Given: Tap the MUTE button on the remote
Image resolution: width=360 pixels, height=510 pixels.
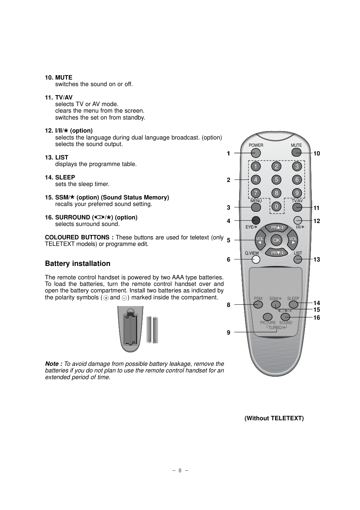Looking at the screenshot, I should pyautogui.click(x=296, y=152).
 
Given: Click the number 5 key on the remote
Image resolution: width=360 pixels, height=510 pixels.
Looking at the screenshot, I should pyautogui.click(x=277, y=180).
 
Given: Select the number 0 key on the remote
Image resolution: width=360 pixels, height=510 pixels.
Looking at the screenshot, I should pyautogui.click(x=277, y=207).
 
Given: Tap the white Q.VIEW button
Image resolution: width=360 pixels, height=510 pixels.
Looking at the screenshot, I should pyautogui.click(x=256, y=259).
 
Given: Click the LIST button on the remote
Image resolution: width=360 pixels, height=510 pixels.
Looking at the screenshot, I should pyautogui.click(x=298, y=259).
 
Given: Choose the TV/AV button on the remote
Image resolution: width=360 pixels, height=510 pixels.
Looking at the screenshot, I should pyautogui.click(x=297, y=207).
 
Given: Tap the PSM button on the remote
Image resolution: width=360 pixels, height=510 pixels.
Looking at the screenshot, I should pyautogui.click(x=258, y=304).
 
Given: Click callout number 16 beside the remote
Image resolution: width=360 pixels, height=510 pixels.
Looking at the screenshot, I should pyautogui.click(x=316, y=318).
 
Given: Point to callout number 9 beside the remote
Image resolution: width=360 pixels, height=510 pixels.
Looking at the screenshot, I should pyautogui.click(x=229, y=332).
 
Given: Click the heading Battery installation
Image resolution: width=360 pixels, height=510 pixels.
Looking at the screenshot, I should pyautogui.click(x=78, y=264).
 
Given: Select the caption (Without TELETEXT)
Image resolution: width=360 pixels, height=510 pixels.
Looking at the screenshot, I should pyautogui.click(x=274, y=418).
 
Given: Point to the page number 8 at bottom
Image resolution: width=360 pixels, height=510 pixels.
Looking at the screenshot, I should pyautogui.click(x=180, y=470).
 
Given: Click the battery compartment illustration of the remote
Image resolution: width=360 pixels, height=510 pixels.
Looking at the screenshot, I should pyautogui.click(x=131, y=329).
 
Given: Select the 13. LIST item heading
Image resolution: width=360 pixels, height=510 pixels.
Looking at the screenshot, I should pyautogui.click(x=57, y=157).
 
